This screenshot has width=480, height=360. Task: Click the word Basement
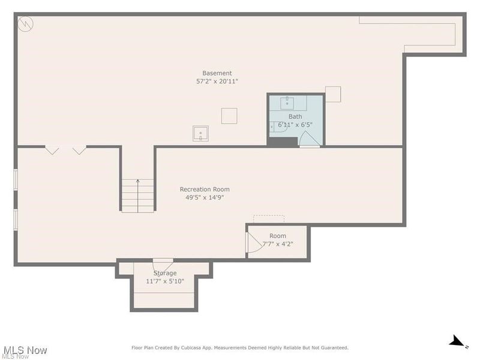tap(217, 73)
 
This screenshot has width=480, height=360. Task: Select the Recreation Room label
tap(205, 190)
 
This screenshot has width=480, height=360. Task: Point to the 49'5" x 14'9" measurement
tap(205, 198)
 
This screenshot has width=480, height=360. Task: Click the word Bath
tap(295, 116)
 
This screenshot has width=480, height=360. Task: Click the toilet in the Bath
tap(279, 126)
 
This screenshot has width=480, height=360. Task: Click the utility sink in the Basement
tap(200, 133)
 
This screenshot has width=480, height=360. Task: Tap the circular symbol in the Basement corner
tap(26, 24)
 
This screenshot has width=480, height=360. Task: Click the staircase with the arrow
tap(138, 196)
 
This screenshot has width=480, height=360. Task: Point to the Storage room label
tap(165, 273)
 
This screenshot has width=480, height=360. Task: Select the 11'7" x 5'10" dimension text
tap(165, 281)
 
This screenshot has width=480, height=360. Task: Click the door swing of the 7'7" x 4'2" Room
tap(251, 243)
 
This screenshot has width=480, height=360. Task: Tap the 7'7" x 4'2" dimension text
tap(278, 244)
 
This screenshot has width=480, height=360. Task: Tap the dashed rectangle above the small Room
tap(268, 218)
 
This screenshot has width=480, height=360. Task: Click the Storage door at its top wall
tap(163, 263)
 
